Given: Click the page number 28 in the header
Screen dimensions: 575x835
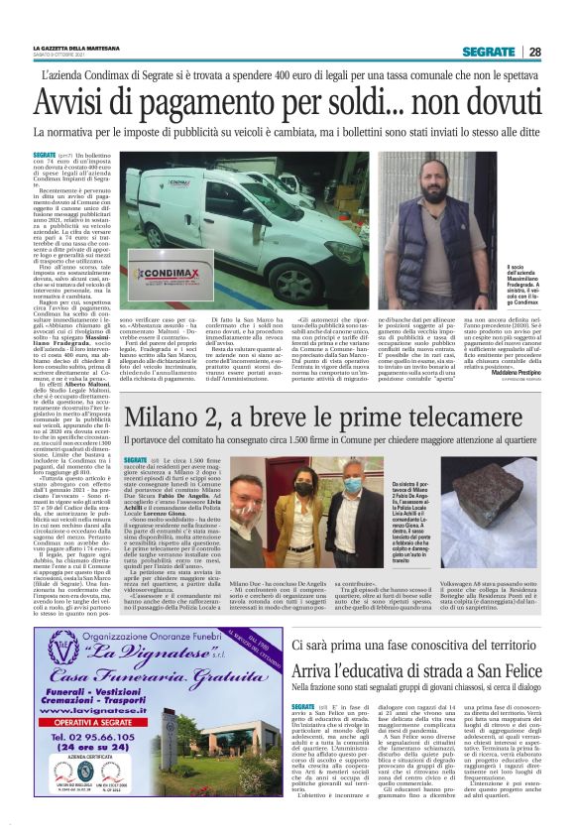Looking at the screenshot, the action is coord(534,52).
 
